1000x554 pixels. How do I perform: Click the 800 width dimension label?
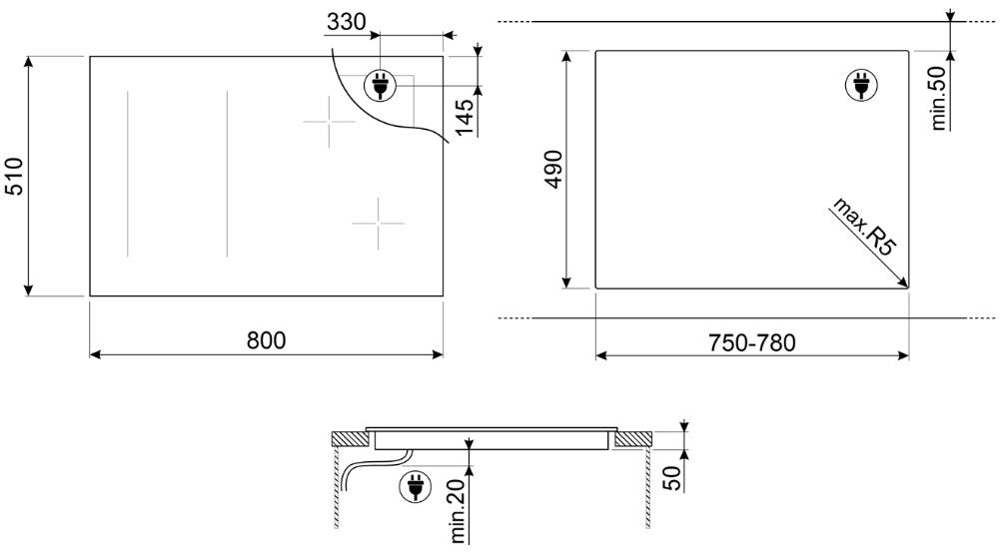click(x=267, y=340)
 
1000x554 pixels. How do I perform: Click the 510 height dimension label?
click(x=13, y=176)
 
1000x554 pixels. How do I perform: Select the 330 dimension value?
click(x=347, y=22)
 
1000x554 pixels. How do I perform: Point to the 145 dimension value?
click(x=465, y=117)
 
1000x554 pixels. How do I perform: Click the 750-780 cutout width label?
click(x=752, y=343)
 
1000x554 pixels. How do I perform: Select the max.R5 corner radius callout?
click(x=865, y=227)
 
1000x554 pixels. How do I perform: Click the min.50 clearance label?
click(x=939, y=98)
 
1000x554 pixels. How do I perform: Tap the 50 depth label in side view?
click(x=672, y=477)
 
